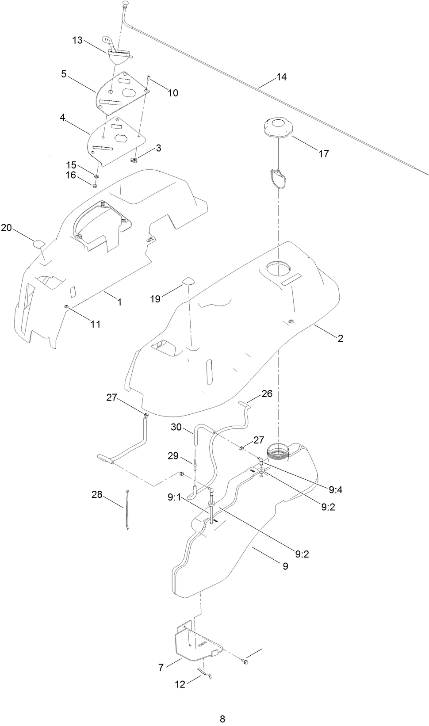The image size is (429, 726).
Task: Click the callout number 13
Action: (77, 40)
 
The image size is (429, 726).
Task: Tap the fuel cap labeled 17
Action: (278, 128)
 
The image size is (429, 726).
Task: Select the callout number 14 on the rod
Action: (281, 77)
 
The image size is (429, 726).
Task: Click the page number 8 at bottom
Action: (222, 718)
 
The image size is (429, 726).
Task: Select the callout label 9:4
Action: (336, 489)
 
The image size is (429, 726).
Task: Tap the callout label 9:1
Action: (174, 497)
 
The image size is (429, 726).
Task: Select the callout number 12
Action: (180, 684)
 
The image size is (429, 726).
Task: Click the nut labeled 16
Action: (95, 185)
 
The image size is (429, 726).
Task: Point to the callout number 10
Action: (173, 93)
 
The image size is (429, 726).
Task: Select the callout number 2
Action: (340, 338)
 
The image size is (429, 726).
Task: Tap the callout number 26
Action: (267, 393)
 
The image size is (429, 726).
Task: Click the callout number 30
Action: (176, 427)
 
